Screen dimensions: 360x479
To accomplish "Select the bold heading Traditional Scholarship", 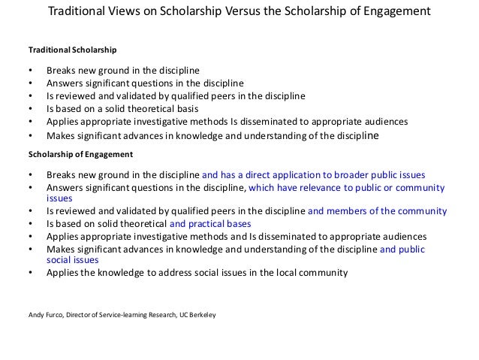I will point(72,51).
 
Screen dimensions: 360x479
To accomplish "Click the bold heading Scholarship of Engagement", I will point(80,153).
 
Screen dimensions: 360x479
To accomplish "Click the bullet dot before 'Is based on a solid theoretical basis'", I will point(30,107).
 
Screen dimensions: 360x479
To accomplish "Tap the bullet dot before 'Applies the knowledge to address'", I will point(30,273).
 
